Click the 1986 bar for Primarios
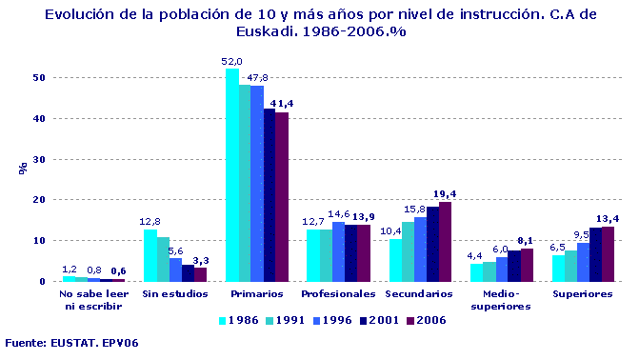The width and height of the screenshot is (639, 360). [x=231, y=175]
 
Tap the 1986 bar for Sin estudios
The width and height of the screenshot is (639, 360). [x=150, y=255]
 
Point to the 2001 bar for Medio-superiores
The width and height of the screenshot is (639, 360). [x=514, y=266]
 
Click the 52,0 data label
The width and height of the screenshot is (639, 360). [x=231, y=61]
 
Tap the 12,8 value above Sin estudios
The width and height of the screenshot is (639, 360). [x=150, y=222]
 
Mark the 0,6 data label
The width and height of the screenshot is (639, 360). [x=117, y=271]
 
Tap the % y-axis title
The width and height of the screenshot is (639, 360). [x=22, y=169]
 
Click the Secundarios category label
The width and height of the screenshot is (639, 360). [x=419, y=293]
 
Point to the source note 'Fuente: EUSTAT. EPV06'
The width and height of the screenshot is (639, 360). [x=72, y=342]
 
